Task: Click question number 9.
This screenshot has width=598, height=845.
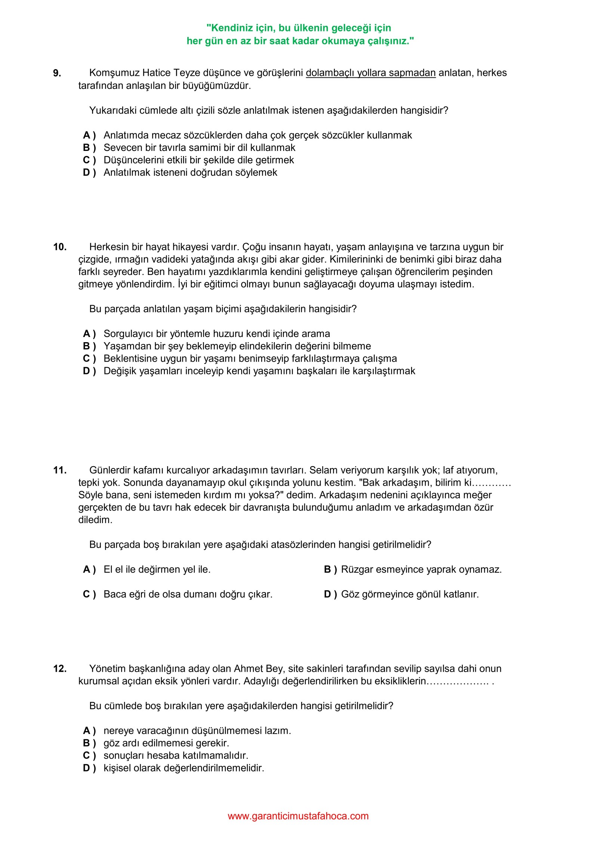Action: click(57, 73)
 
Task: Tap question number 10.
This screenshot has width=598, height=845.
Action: click(60, 247)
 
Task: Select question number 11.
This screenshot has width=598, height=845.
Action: click(60, 470)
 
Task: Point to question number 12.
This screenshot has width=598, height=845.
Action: click(60, 669)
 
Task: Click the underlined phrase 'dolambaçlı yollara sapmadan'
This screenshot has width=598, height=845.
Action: click(370, 73)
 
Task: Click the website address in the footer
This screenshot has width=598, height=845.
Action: click(298, 816)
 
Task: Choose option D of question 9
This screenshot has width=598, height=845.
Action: click(190, 173)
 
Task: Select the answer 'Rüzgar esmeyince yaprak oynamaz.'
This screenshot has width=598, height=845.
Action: click(421, 569)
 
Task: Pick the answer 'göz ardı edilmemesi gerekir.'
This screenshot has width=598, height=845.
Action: click(166, 743)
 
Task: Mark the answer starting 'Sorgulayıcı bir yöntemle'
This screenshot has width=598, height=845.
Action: click(216, 334)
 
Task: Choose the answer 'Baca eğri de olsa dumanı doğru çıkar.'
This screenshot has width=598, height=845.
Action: click(188, 594)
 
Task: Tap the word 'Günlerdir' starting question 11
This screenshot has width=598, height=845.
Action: click(110, 470)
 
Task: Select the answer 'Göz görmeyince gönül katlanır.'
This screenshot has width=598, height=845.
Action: click(410, 594)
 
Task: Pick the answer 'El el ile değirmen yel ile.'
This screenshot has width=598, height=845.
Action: click(157, 569)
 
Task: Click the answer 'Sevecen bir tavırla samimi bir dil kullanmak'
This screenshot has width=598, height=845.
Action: click(199, 148)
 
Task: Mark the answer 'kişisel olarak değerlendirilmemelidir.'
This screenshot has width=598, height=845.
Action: click(184, 768)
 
